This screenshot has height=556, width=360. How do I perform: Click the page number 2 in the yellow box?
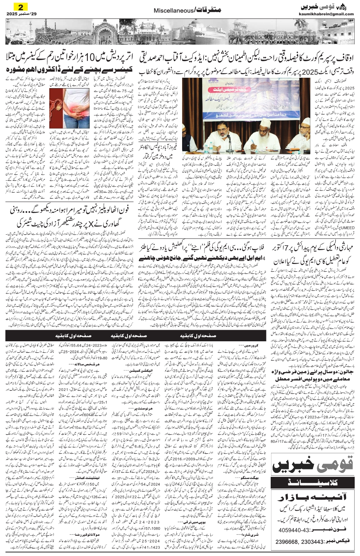click(18, 7)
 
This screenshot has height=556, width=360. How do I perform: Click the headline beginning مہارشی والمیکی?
click(313, 250)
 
